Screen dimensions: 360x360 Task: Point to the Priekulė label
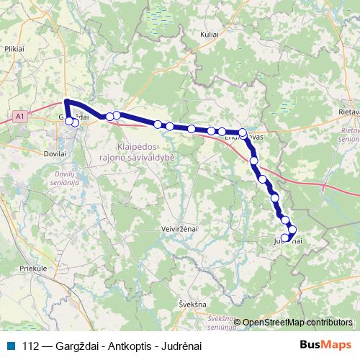pos(34,267)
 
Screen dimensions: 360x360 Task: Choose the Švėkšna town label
pos(189,305)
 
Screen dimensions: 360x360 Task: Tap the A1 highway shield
pos(19,114)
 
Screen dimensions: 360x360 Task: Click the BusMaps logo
pos(326,345)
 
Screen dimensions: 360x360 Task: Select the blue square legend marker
pos(10,345)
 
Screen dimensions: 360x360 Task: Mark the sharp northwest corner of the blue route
pos(66,102)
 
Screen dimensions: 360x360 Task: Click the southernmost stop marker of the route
pos(285,238)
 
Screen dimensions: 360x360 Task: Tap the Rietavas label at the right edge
pos(348,113)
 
